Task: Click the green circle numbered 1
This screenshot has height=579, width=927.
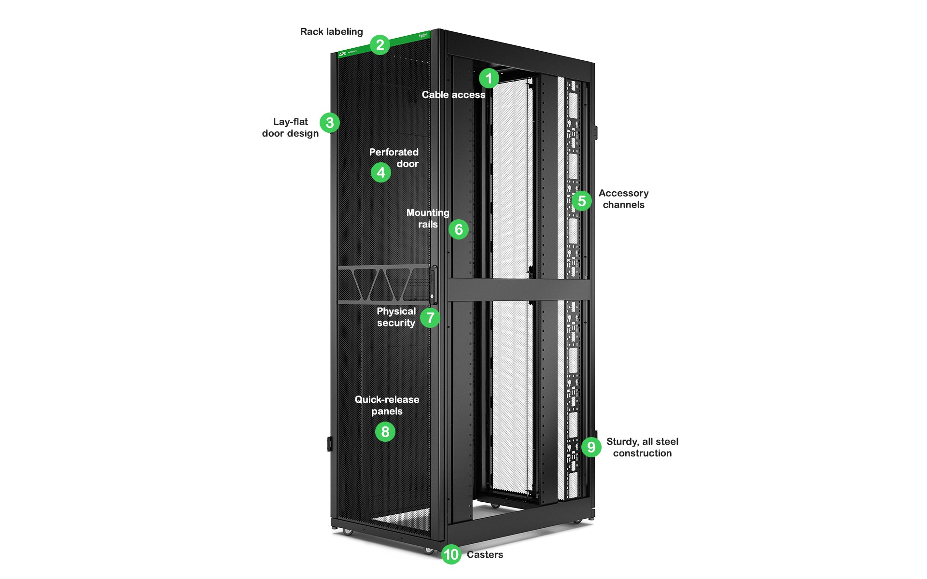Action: pyautogui.click(x=489, y=78)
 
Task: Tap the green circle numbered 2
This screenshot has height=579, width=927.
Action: pyautogui.click(x=380, y=45)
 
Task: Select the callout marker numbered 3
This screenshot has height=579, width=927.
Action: pyautogui.click(x=330, y=123)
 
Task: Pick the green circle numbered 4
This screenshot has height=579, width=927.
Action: pyautogui.click(x=381, y=172)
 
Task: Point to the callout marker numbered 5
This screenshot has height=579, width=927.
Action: pyautogui.click(x=582, y=201)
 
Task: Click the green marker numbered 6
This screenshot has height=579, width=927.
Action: pyautogui.click(x=459, y=229)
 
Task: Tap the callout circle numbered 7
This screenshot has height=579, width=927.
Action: pyautogui.click(x=430, y=318)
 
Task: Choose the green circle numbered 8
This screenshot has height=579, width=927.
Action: pyautogui.click(x=385, y=431)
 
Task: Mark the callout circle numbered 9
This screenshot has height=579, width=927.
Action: pyautogui.click(x=591, y=447)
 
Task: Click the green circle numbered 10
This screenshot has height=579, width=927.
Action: pyautogui.click(x=451, y=554)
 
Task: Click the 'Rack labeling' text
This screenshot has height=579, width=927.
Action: pyautogui.click(x=331, y=32)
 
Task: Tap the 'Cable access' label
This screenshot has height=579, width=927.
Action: pyautogui.click(x=453, y=95)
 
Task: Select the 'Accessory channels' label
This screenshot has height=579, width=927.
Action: pyautogui.click(x=623, y=199)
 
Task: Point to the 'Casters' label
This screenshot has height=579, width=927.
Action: pyautogui.click(x=485, y=554)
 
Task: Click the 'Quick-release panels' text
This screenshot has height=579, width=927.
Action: pyautogui.click(x=387, y=405)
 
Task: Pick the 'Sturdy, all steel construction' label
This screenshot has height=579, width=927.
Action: pyautogui.click(x=642, y=447)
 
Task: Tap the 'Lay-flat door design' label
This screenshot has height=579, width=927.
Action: pyautogui.click(x=290, y=127)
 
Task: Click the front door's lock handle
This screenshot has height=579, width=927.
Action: pyautogui.click(x=433, y=285)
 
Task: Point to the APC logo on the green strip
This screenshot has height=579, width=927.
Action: pyautogui.click(x=342, y=54)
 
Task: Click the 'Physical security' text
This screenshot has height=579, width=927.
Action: pyautogui.click(x=396, y=317)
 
